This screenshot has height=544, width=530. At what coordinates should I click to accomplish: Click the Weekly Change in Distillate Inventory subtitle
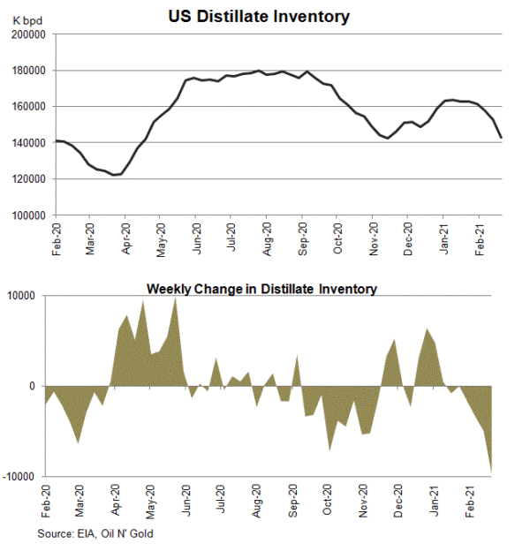(x=261, y=288)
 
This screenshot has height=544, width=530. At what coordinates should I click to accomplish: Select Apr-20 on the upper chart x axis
(x=125, y=240)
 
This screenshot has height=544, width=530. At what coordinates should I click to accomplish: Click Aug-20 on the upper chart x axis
(x=267, y=240)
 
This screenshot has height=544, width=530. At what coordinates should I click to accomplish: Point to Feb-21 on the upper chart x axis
(x=479, y=240)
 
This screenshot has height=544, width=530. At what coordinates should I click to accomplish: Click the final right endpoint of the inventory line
(x=502, y=137)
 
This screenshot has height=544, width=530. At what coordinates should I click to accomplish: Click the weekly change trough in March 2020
(x=79, y=442)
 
